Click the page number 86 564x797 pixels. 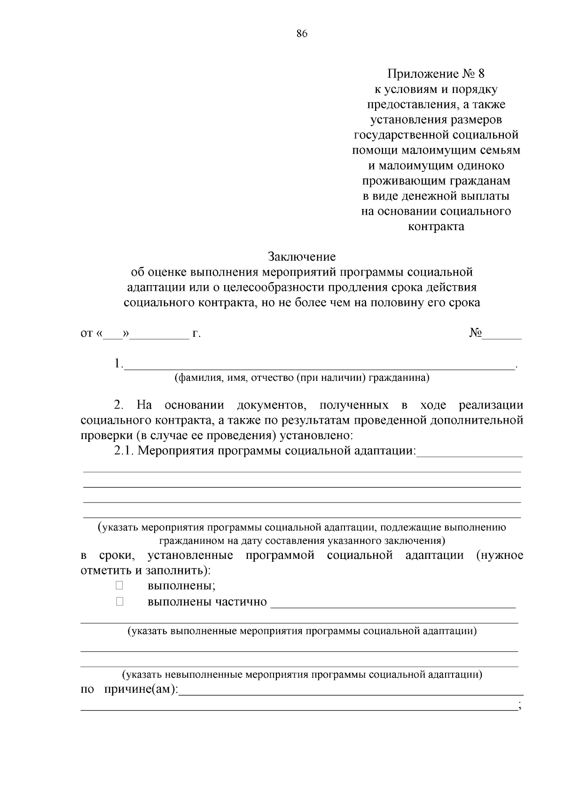[302, 33]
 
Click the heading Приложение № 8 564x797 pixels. [435, 74]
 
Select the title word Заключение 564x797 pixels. [302, 256]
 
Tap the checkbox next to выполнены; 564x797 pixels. [119, 585]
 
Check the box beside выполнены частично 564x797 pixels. [119, 601]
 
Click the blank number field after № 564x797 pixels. [503, 334]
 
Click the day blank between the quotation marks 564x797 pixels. [113, 334]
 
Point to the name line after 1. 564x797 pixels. [320, 364]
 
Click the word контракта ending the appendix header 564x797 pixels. [435, 226]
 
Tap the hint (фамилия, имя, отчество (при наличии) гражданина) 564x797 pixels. [302, 378]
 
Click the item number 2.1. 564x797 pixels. [125, 451]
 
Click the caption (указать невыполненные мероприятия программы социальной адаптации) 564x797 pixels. [302, 675]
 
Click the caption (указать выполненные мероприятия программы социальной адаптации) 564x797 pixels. [302, 631]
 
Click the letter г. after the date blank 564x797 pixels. [196, 334]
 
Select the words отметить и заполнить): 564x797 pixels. [146, 571]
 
